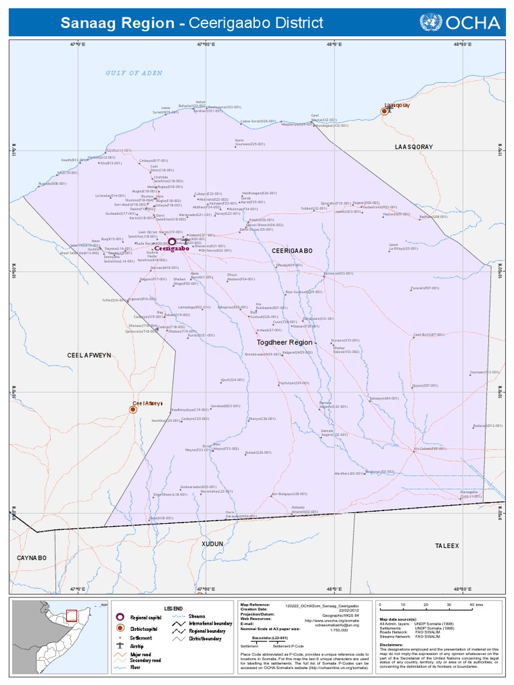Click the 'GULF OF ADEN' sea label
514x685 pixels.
tap(134, 73)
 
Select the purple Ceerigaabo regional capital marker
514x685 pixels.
tap(172, 241)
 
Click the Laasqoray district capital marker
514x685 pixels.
tap(384, 111)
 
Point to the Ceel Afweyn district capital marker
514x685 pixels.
tap(133, 410)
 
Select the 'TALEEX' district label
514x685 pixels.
tap(447, 546)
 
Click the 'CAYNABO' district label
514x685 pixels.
tap(31, 557)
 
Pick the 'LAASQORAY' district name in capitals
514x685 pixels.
tap(414, 146)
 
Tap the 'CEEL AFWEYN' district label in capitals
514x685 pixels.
tap(89, 355)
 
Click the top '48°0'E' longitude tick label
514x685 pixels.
tap(334, 44)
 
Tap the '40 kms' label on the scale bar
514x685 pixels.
tap(477, 605)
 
